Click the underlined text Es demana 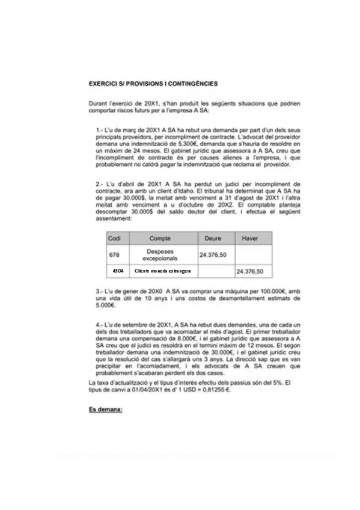[x=105, y=409]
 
